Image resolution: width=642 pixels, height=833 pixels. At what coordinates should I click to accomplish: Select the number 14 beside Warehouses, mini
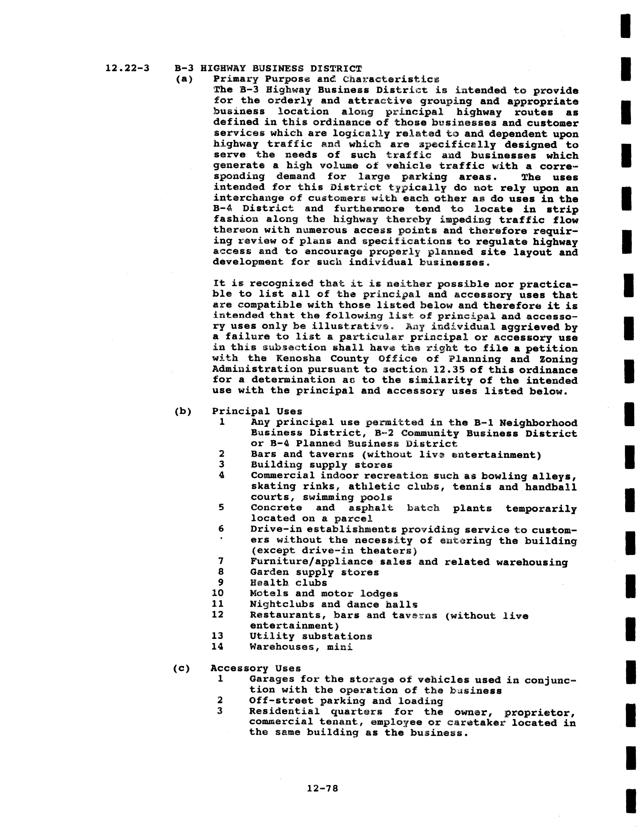(217, 646)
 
